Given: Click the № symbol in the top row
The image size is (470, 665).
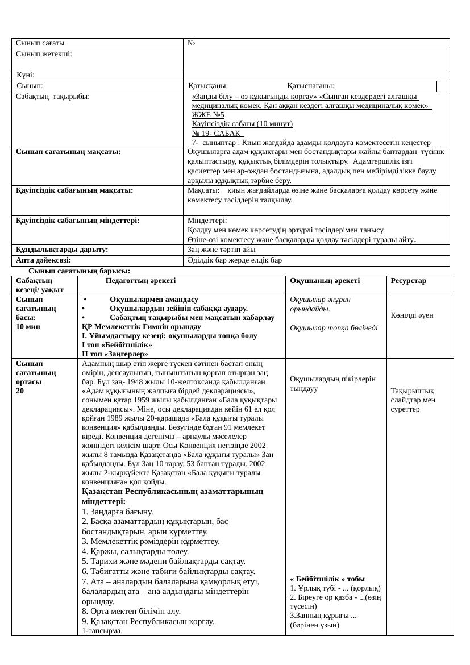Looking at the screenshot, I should [x=192, y=43].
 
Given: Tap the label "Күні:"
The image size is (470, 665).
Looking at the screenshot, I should [x=26, y=75].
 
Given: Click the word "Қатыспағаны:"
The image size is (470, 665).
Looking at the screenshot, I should [x=310, y=86].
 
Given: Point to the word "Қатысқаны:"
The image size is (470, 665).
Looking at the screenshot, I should [x=209, y=86].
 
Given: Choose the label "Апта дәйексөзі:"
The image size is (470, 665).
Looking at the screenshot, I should [x=43, y=260].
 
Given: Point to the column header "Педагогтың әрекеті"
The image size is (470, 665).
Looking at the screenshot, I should [x=140, y=281].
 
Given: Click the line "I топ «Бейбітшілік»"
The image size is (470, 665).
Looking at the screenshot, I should [x=117, y=344].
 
